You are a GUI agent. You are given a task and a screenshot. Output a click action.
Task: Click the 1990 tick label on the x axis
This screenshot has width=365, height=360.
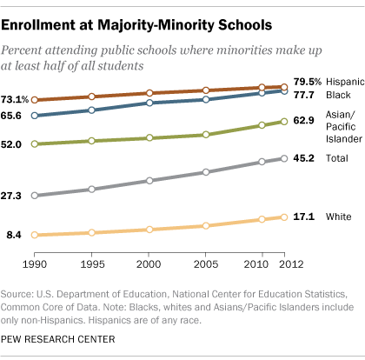[x=35, y=264]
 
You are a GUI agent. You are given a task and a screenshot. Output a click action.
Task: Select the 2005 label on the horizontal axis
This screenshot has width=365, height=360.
[x=206, y=264]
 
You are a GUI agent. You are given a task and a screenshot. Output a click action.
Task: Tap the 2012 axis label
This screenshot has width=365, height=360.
[x=291, y=264]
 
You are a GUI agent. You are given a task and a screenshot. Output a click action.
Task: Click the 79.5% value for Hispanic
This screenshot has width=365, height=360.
[x=308, y=82]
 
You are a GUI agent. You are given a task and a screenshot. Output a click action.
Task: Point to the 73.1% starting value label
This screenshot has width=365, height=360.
[x=15, y=100]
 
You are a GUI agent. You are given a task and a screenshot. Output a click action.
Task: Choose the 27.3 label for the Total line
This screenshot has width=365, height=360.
[x=11, y=196]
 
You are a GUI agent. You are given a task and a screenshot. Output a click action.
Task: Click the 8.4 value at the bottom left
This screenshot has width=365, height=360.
[x=14, y=235]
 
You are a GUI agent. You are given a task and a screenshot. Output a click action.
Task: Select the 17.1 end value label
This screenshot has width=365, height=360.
[x=304, y=217]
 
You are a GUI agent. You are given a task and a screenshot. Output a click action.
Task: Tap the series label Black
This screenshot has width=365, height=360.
[x=338, y=95]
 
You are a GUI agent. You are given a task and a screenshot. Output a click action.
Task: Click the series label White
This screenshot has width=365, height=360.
[x=338, y=217]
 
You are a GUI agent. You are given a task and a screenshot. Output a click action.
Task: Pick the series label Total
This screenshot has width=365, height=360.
[x=337, y=158]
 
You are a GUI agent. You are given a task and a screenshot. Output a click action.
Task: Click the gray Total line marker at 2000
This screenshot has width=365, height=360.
[x=149, y=181]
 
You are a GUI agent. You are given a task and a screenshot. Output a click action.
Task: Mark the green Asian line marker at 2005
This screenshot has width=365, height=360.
[x=206, y=135]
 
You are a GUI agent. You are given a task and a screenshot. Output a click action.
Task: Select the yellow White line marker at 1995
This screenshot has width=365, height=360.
[x=91, y=232]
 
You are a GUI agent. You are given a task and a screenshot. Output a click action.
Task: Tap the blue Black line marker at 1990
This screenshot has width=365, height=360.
[x=35, y=116]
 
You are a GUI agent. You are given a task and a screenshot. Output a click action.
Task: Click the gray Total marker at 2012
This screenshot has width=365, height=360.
[x=284, y=158]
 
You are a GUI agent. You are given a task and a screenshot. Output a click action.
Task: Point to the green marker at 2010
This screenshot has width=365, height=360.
[x=262, y=125]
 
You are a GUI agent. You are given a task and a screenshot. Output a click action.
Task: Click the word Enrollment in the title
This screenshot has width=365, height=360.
[x=38, y=25]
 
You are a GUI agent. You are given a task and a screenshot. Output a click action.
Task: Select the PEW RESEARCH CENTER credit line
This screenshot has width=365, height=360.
[x=58, y=339]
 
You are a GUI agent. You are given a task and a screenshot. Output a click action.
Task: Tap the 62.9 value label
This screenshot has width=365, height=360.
[x=304, y=120]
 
